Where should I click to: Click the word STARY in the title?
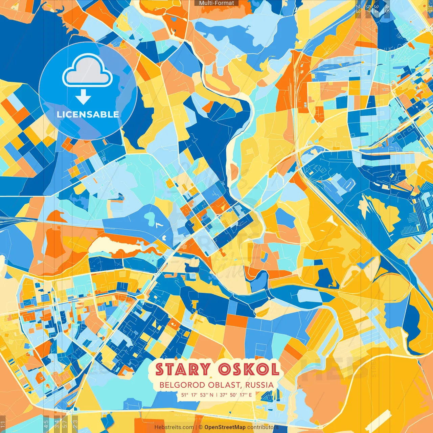[x=183, y=369]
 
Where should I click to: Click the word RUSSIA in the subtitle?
[x=259, y=385]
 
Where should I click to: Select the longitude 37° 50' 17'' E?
[x=236, y=395]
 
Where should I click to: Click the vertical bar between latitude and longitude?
[x=216, y=395]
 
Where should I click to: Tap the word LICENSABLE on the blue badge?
[x=88, y=114]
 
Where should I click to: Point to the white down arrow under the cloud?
[x=83, y=97]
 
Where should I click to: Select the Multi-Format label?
[x=216, y=3]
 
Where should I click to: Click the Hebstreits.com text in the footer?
[x=174, y=427]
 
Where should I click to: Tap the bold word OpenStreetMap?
[x=225, y=427]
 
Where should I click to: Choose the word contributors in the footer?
[x=263, y=427]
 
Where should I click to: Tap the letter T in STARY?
[x=172, y=369]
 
